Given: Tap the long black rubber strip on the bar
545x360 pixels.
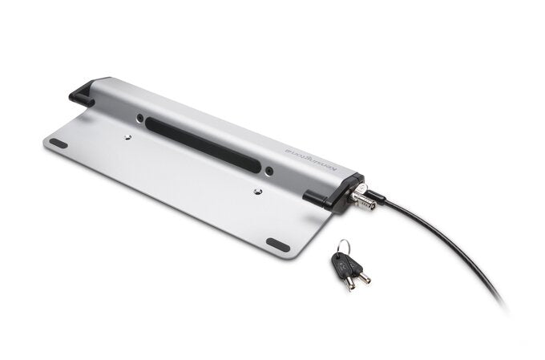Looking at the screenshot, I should [x=208, y=145].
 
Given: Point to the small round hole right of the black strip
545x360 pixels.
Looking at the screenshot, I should [x=269, y=171].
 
